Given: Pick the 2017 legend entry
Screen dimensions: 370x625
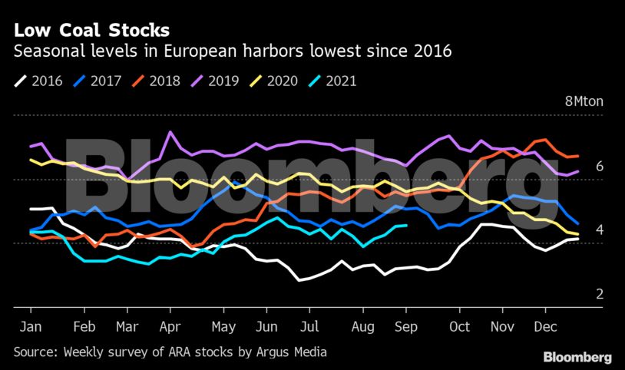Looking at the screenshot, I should click(99, 81).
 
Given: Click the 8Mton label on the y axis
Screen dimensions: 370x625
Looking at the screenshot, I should click(584, 102).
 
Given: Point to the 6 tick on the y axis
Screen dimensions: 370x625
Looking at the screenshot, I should click(600, 167).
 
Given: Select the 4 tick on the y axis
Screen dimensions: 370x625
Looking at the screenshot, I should click(600, 230).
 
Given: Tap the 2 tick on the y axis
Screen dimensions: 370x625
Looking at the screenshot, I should click(600, 294).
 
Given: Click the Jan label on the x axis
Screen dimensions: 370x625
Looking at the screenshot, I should click(29, 326).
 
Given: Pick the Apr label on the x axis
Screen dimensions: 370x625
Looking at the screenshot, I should click(169, 326).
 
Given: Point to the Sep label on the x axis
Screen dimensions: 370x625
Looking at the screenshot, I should click(406, 326).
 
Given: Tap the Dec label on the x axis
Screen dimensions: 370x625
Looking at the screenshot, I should click(544, 326).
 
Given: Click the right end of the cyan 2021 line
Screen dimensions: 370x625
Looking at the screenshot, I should click(406, 226).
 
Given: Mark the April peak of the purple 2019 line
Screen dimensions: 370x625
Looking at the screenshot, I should click(169, 132).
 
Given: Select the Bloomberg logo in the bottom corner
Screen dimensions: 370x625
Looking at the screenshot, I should click(577, 357).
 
